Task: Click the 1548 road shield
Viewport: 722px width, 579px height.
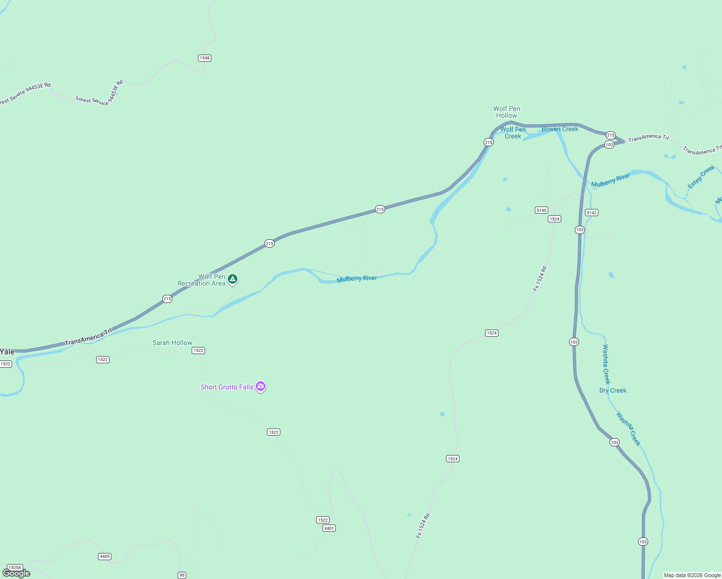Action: pyautogui.click(x=205, y=58)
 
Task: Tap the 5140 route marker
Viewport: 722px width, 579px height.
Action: pyautogui.click(x=541, y=210)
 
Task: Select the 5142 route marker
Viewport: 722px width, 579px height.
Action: pyautogui.click(x=592, y=212)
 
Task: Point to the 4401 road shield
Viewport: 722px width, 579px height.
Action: pyautogui.click(x=329, y=528)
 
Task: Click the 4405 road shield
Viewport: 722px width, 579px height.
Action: pyautogui.click(x=105, y=556)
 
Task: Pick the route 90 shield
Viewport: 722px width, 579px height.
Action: pyautogui.click(x=182, y=575)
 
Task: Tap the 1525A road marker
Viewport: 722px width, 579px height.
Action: pyautogui.click(x=15, y=567)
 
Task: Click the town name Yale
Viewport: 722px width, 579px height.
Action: pyautogui.click(x=7, y=352)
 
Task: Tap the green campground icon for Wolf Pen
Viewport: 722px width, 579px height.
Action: pyautogui.click(x=233, y=279)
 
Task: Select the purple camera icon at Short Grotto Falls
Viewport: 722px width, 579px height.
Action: pyautogui.click(x=261, y=386)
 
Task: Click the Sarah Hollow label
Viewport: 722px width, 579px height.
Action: pyautogui.click(x=172, y=343)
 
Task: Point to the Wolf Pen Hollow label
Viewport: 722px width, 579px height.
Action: pyautogui.click(x=507, y=112)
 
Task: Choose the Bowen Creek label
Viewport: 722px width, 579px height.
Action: pyautogui.click(x=560, y=129)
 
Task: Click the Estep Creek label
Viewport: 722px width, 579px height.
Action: pyautogui.click(x=701, y=177)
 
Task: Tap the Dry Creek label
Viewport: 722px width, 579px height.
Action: pyautogui.click(x=613, y=390)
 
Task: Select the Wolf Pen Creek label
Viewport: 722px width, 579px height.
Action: pyautogui.click(x=513, y=133)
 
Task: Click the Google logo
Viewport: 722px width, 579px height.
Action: pyautogui.click(x=16, y=573)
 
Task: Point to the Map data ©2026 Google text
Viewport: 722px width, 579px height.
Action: pyautogui.click(x=692, y=575)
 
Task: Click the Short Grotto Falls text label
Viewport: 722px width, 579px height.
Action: pyautogui.click(x=227, y=387)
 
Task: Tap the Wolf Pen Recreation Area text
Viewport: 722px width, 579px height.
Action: pyautogui.click(x=202, y=280)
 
